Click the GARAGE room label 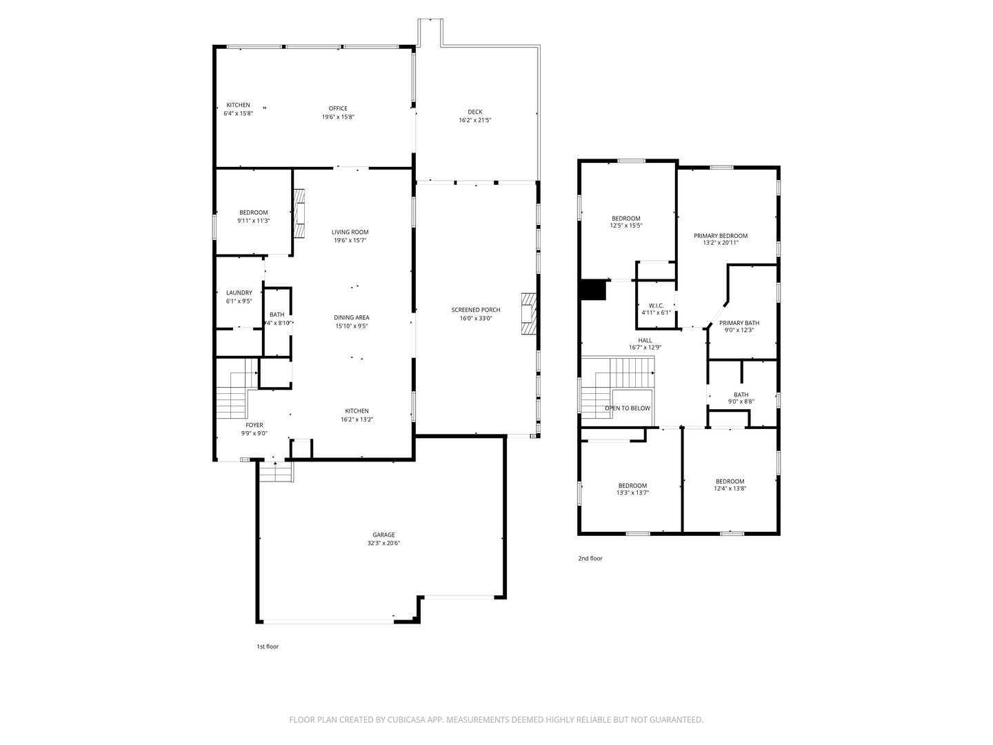[383, 535]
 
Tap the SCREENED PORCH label [475, 310]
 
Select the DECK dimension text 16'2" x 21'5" [475, 120]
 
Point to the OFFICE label [338, 108]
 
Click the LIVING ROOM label [350, 232]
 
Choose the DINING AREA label [352, 317]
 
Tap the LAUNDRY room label [239, 292]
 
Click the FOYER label [254, 425]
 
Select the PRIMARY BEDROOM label [721, 236]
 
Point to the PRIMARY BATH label [739, 323]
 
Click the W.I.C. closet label [656, 306]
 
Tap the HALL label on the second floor [645, 341]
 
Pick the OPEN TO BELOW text [628, 408]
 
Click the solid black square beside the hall [593, 290]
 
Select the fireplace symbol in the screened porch [528, 313]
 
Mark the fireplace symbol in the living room [299, 212]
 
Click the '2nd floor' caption [590, 559]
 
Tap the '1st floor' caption [268, 647]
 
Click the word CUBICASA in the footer [406, 719]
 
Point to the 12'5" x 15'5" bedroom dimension [626, 226]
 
